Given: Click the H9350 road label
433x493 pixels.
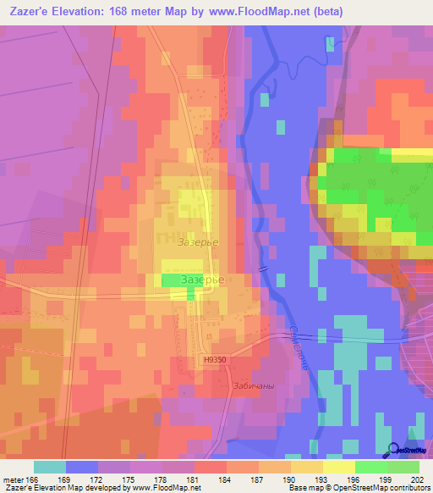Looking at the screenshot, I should click(x=216, y=359).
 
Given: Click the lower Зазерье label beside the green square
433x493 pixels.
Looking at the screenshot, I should click(x=202, y=279).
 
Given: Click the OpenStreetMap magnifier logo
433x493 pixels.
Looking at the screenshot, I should click(x=394, y=451).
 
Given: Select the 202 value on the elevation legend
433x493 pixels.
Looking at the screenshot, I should click(x=403, y=479).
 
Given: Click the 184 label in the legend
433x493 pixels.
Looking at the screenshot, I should click(x=211, y=479).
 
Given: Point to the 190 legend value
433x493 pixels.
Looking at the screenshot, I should click(x=275, y=479).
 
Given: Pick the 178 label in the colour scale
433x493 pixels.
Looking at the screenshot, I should click(x=146, y=479).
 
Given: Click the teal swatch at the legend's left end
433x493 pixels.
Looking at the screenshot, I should click(x=50, y=467).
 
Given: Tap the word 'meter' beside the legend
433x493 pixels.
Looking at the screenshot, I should click(x=13, y=479).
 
